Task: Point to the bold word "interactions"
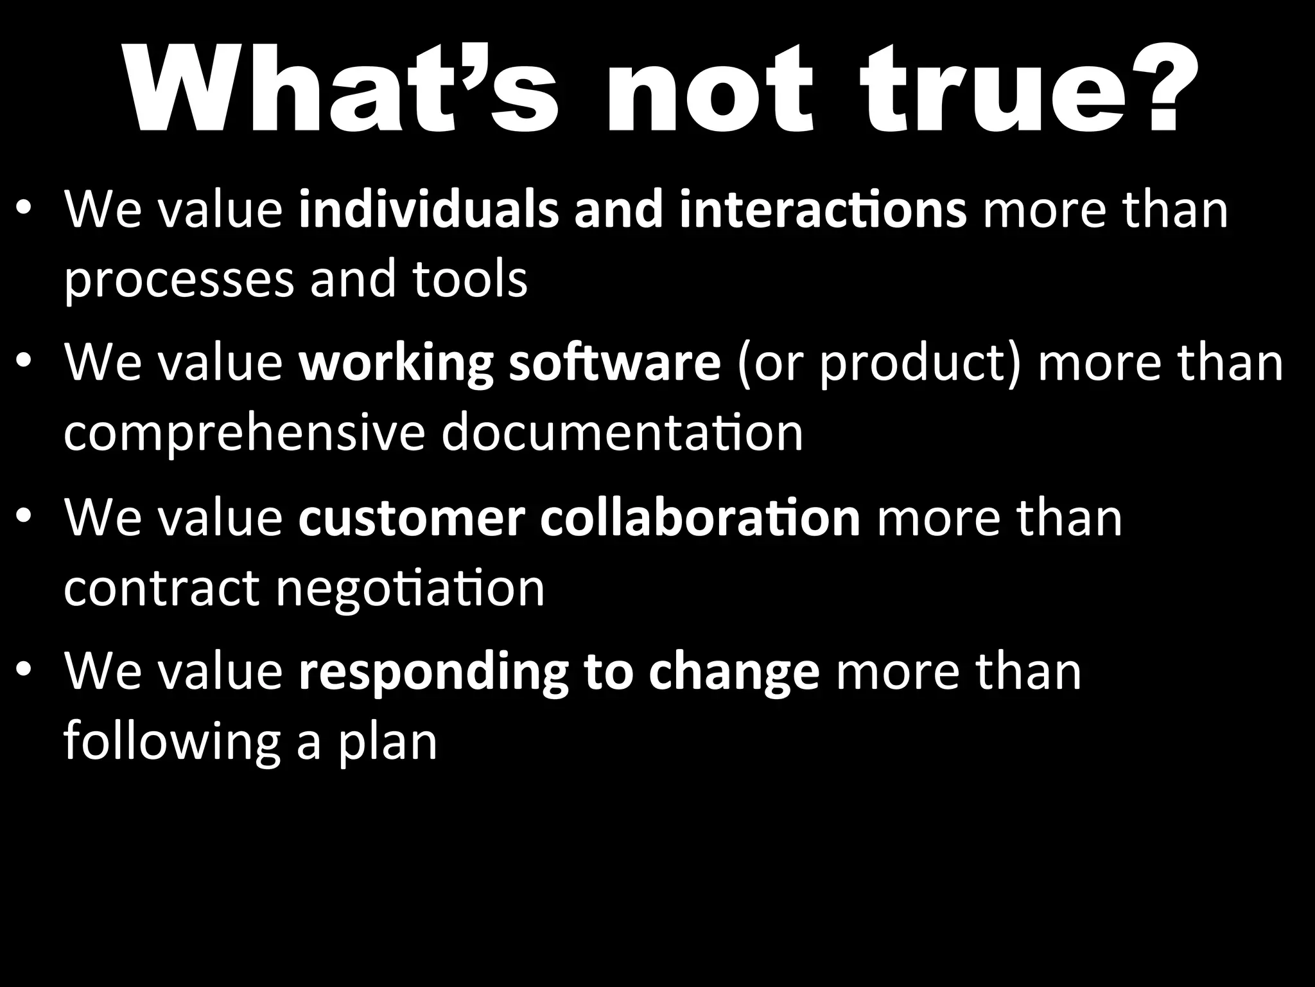click(823, 209)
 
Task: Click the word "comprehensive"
click(244, 434)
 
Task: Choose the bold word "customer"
click(412, 517)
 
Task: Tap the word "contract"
click(161, 588)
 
